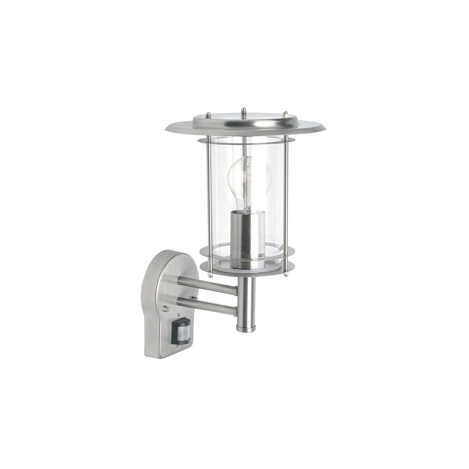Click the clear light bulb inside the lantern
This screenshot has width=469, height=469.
click(x=249, y=181)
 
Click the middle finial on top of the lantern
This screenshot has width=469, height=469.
click(x=243, y=113)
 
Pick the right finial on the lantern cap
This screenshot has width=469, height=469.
click(x=285, y=114)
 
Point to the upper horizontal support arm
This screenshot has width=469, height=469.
click(x=206, y=285)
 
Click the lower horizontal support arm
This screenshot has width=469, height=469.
click(x=206, y=306)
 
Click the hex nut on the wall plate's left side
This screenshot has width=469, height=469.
click(x=165, y=309)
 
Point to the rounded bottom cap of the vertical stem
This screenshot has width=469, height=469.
click(x=246, y=328)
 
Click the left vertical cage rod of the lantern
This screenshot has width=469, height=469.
click(x=209, y=202)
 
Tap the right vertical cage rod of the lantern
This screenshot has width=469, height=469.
click(x=286, y=202)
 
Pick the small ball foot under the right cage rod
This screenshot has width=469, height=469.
click(x=285, y=274)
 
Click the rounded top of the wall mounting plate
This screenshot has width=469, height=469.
click(x=166, y=258)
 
